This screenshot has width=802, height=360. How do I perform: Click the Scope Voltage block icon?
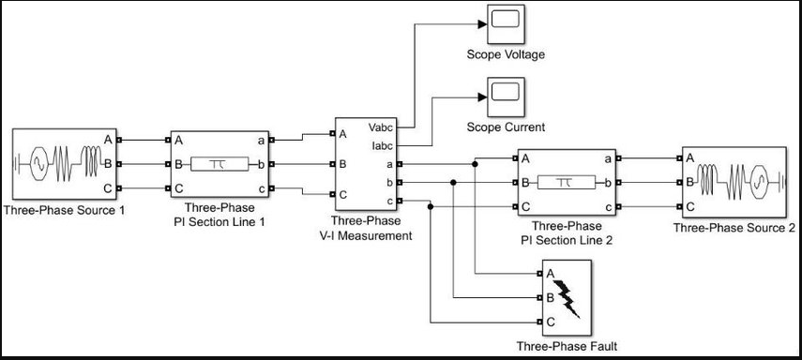pyautogui.click(x=506, y=24)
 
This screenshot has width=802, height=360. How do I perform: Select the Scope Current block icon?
pyautogui.click(x=506, y=97)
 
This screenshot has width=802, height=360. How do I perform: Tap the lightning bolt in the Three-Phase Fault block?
pyautogui.click(x=567, y=299)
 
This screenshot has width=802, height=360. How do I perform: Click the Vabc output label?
pyautogui.click(x=380, y=126)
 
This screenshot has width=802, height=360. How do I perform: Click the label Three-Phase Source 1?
pyautogui.click(x=64, y=210)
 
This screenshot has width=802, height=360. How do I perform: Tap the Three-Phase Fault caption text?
pyautogui.click(x=567, y=346)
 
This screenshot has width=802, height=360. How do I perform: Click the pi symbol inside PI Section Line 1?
pyautogui.click(x=219, y=164)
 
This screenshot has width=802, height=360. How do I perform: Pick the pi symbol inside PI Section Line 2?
pyautogui.click(x=567, y=183)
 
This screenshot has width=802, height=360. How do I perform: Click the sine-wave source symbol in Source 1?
pyautogui.click(x=38, y=164)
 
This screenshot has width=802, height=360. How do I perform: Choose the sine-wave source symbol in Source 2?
pyautogui.click(x=760, y=182)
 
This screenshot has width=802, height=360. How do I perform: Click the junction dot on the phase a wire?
pyautogui.click(x=476, y=164)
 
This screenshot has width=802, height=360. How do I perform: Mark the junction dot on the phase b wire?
pyautogui.click(x=453, y=183)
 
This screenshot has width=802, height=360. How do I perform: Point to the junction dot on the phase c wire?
pyautogui.click(x=431, y=206)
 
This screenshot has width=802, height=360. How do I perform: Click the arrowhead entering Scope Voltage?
pyautogui.click(x=482, y=24)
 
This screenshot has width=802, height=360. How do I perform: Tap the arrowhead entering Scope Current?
pyautogui.click(x=482, y=97)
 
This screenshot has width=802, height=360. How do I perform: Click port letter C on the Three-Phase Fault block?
pyautogui.click(x=551, y=322)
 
